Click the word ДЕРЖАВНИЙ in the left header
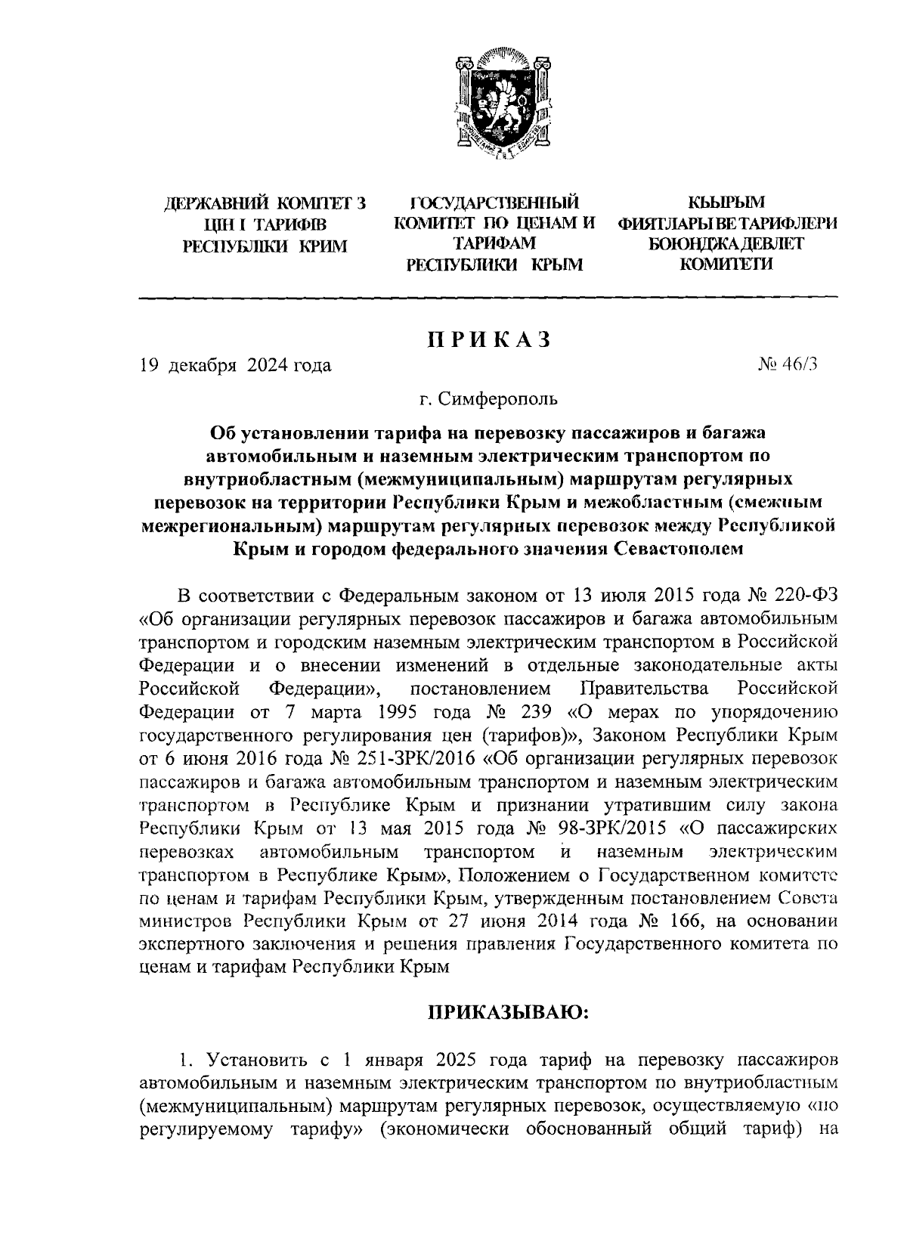(x=211, y=204)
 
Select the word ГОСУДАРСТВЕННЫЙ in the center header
(x=494, y=204)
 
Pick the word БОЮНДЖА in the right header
(x=691, y=244)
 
